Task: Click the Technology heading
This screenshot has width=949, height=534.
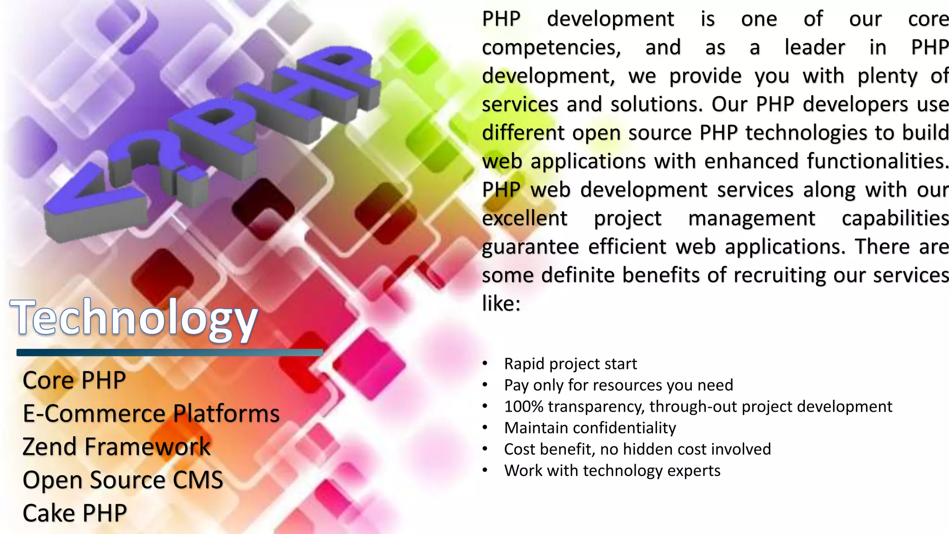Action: pyautogui.click(x=133, y=318)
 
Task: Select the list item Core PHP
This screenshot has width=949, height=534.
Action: pyautogui.click(x=74, y=380)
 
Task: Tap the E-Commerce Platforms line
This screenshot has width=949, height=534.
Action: pyautogui.click(x=151, y=413)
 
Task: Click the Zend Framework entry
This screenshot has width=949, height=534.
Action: pyautogui.click(x=116, y=447)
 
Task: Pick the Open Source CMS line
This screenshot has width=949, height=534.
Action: pyautogui.click(x=123, y=480)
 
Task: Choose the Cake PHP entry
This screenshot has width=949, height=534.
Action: pyautogui.click(x=75, y=513)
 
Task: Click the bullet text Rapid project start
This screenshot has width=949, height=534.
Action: pyautogui.click(x=570, y=364)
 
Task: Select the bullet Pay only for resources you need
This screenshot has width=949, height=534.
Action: pyautogui.click(x=619, y=385)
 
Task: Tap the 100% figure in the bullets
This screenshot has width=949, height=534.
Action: pyautogui.click(x=524, y=407)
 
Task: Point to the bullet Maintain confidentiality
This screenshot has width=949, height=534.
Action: pyautogui.click(x=590, y=428)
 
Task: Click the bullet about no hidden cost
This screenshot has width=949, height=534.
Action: pyautogui.click(x=638, y=449)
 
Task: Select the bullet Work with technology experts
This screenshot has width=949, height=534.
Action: pyautogui.click(x=612, y=470)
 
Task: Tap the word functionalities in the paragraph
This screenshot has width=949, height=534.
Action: pyautogui.click(x=877, y=161)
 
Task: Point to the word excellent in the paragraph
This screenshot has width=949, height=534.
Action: pyautogui.click(x=525, y=218)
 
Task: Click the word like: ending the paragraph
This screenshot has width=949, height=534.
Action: pyautogui.click(x=501, y=304)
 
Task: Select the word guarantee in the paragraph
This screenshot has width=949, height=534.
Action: pyautogui.click(x=530, y=247)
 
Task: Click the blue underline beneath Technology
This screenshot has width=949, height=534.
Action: pyautogui.click(x=170, y=353)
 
